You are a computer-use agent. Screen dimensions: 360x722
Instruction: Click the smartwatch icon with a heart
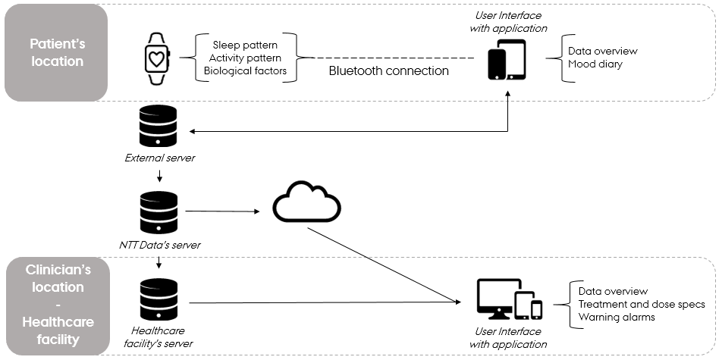158,58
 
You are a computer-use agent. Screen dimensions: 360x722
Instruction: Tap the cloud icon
306,202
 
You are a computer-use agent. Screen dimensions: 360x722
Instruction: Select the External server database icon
159,127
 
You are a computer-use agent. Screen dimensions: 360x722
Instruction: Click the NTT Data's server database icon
159,213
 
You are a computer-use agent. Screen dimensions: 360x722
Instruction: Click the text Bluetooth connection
388,70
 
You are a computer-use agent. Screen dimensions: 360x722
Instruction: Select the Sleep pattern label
245,45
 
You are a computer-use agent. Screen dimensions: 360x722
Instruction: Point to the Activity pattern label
246,58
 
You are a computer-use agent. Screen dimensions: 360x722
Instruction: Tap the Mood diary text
595,64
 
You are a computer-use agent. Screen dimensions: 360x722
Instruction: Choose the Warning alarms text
617,317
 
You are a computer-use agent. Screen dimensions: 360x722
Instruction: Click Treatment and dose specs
642,304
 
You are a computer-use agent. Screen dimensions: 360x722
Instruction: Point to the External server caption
159,158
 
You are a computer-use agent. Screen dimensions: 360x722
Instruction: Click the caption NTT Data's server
159,244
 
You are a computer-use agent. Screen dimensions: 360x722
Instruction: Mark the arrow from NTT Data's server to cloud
220,211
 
